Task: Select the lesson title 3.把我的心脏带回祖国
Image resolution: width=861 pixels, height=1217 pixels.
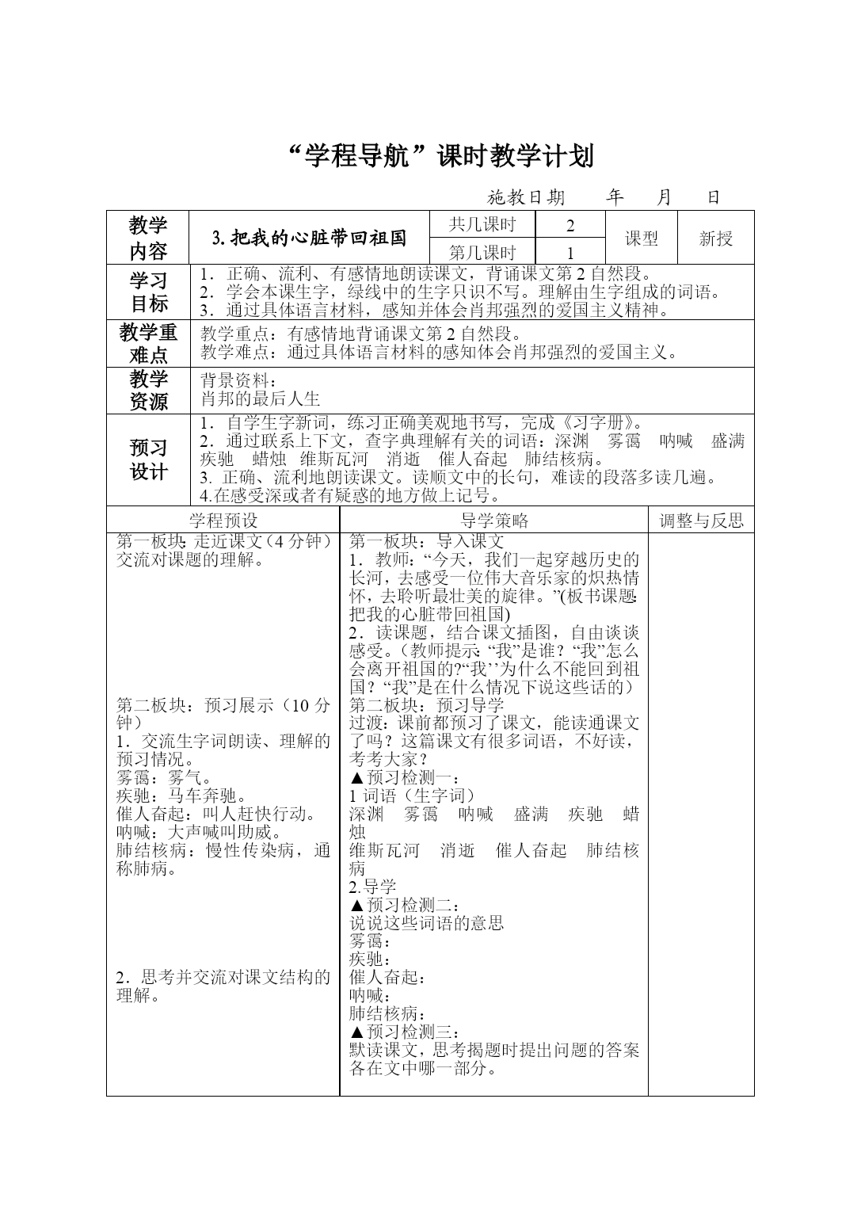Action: coord(310,238)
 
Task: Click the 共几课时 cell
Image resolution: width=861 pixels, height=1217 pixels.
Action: coord(482,224)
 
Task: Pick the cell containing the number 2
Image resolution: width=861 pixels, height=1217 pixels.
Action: coord(570,225)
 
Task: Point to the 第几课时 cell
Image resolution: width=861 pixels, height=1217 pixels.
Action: coord(482,253)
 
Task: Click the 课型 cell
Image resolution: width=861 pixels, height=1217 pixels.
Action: coord(642,238)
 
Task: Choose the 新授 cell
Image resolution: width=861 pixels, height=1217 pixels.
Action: coord(716,238)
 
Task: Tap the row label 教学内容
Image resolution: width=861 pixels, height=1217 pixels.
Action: coord(148,238)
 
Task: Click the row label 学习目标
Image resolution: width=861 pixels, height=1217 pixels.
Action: coord(148,292)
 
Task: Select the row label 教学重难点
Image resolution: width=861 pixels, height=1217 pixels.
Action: coord(148,343)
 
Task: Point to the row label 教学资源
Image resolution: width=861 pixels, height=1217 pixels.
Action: coord(148,390)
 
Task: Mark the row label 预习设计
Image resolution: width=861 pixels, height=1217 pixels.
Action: coord(148,460)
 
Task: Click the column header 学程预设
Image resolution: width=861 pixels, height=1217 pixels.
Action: coord(223,521)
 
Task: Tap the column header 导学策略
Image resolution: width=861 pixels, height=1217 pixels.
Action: coord(494,521)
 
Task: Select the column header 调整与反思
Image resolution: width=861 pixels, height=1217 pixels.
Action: coord(702,521)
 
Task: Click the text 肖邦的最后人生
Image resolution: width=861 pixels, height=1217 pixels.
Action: coord(261,399)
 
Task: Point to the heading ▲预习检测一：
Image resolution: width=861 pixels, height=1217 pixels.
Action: coord(404,777)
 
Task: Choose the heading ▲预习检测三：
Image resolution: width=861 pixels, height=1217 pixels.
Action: coord(404,1032)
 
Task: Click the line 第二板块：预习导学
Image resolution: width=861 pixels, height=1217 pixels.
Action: coord(427,704)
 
